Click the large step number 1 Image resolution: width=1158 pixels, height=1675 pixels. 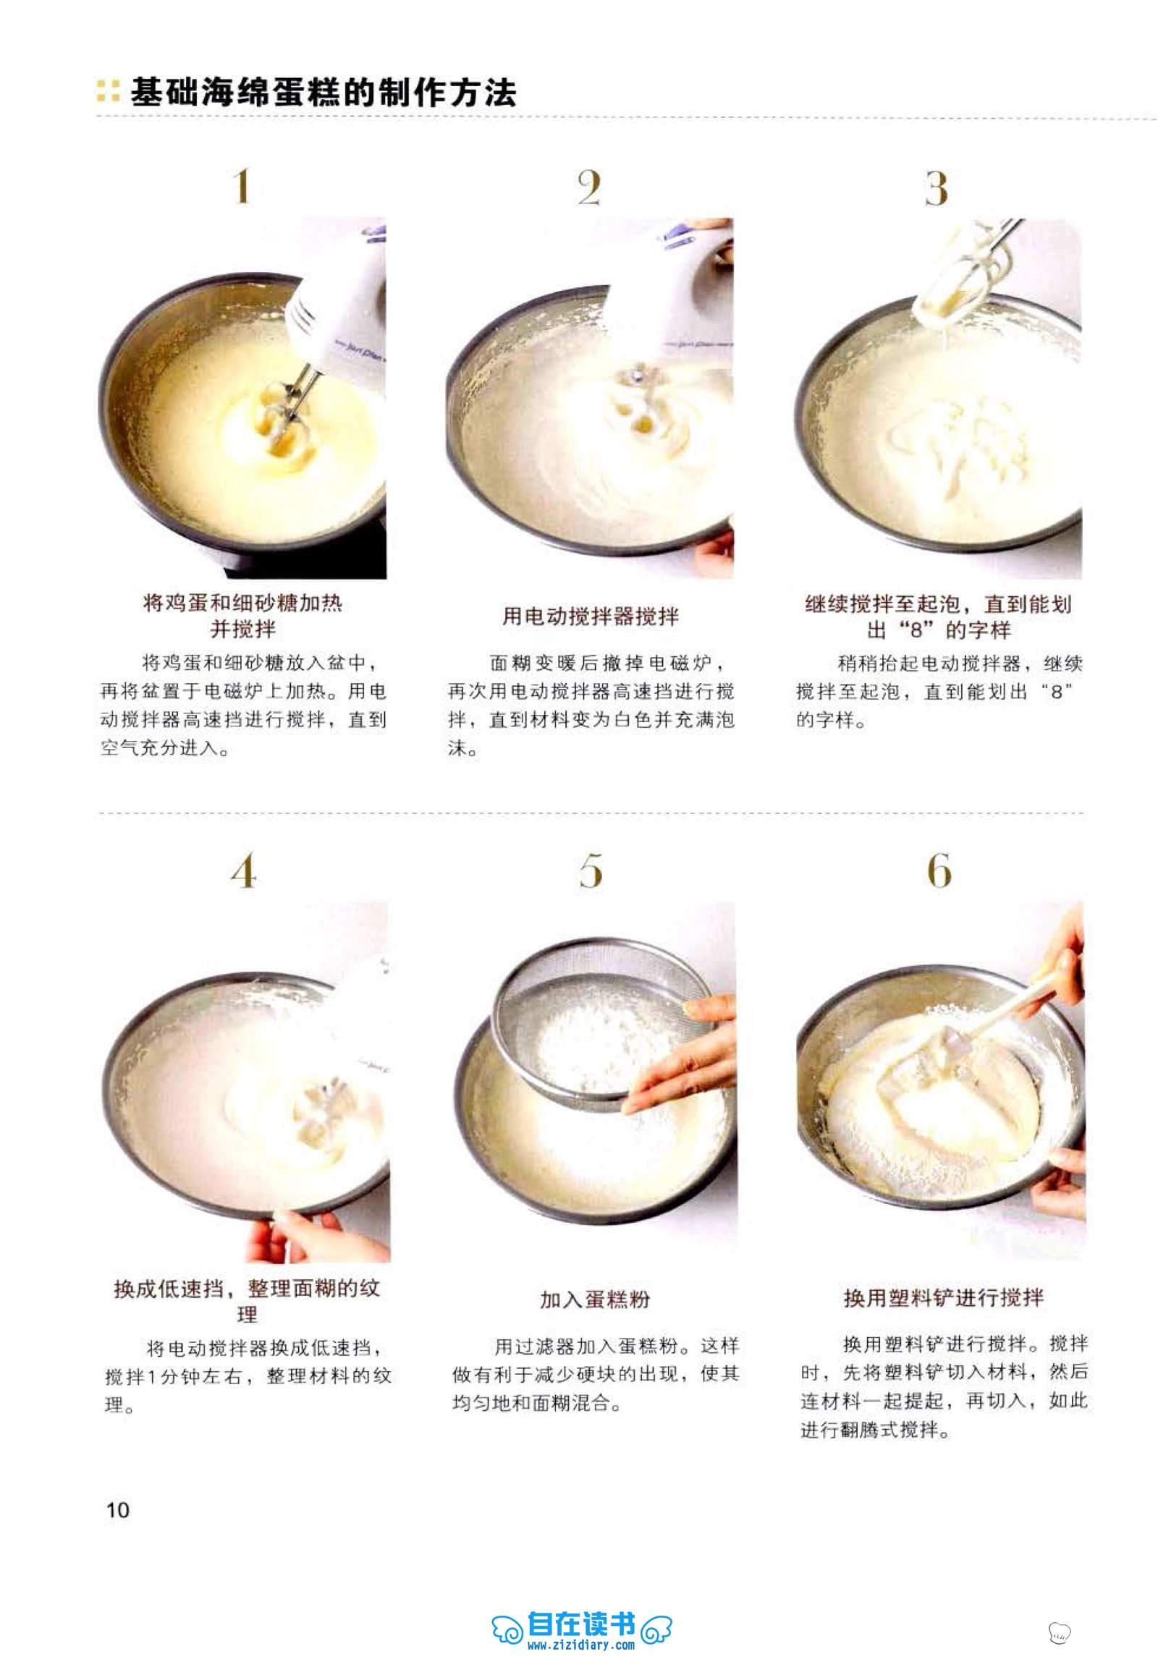point(242,187)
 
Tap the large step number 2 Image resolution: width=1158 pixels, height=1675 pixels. point(589,187)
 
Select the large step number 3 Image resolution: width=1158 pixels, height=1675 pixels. point(936,188)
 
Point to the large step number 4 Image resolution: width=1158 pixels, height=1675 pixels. point(244,870)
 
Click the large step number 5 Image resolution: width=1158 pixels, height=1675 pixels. point(591,870)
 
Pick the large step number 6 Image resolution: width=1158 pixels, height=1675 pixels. point(939,870)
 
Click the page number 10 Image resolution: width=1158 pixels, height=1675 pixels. point(117,1510)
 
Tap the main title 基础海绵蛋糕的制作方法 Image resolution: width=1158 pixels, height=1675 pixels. point(323,93)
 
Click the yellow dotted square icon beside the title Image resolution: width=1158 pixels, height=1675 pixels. point(108,90)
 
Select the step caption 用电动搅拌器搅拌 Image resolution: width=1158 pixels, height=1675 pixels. point(591,616)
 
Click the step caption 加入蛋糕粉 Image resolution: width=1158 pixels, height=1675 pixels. point(595,1299)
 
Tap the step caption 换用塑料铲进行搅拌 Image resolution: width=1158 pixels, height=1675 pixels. point(943,1297)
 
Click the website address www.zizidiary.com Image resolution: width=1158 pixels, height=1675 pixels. point(581,1645)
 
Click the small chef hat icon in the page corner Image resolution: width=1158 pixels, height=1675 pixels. point(1060,1632)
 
